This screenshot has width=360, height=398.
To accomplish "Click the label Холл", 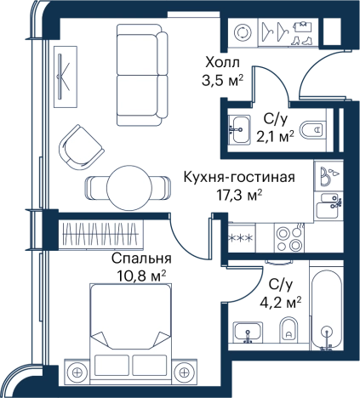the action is coord(223,62).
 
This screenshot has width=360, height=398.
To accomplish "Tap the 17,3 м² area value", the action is coord(239,195).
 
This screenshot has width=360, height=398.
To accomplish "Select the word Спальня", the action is coord(141,259).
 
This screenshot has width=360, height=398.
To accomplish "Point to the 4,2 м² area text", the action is coord(281,303).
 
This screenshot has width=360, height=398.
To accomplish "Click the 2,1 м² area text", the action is coord(275,138).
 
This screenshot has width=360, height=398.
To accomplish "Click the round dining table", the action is coord(129,188).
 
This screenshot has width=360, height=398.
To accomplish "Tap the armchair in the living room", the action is coord(81,147).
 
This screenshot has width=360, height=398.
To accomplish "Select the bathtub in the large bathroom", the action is coord(327,309).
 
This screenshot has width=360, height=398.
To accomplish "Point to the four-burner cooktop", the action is coord(289,238).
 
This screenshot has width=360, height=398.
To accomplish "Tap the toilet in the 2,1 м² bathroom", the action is coord(312,130).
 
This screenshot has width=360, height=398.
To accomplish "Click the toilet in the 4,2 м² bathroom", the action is coord(289,330).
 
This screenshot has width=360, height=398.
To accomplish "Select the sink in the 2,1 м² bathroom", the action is coord(239,130).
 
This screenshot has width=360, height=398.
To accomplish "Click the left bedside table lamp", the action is coord(77,372).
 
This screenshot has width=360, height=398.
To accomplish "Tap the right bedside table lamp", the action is coord(185,372).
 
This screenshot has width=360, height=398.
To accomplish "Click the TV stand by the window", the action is coord(66,77).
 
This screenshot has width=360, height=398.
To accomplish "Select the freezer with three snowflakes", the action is coord(241,238).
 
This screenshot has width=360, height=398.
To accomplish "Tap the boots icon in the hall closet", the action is coord(301,41).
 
